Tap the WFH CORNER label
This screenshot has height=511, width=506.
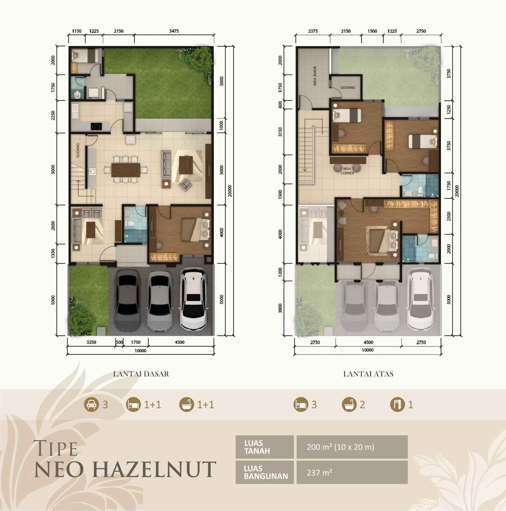[x=347, y=171]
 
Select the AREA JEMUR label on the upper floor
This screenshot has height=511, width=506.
[x=315, y=76]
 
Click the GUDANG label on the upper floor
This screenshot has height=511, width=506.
[x=347, y=88]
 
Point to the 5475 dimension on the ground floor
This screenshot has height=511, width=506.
[x=174, y=31]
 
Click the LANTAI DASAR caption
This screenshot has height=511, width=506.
[x=141, y=374]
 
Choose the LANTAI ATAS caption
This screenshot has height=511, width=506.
[x=368, y=374]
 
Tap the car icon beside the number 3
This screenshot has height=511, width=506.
[x=91, y=404]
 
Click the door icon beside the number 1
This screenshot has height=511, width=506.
[x=397, y=404]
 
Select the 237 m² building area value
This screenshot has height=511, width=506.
[x=319, y=473]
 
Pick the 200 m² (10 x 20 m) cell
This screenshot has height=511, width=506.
[x=340, y=447]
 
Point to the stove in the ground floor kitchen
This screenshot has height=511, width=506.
[x=97, y=126]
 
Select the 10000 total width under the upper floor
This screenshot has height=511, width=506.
[x=368, y=350]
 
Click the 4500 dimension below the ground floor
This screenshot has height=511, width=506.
[x=179, y=342]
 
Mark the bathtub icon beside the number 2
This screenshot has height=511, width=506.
[x=349, y=404]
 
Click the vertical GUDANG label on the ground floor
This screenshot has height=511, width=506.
[x=78, y=150]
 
